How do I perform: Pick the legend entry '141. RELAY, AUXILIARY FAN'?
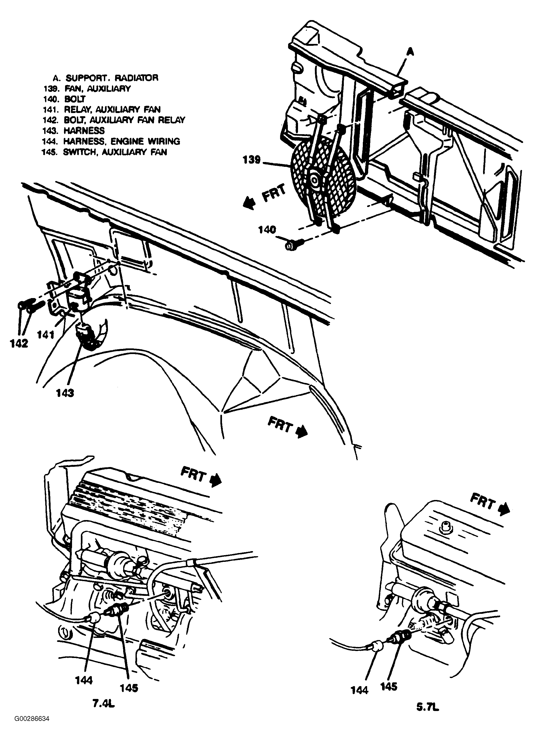(101, 110)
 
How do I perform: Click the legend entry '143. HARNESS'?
(73, 131)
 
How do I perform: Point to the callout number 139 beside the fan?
(252, 160)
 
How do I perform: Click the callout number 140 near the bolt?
(267, 230)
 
